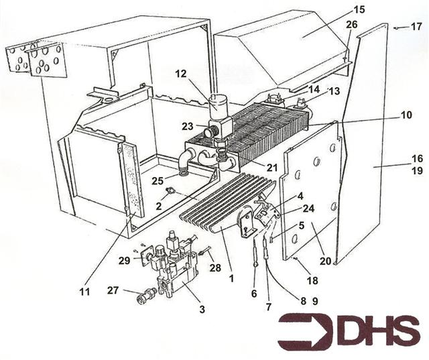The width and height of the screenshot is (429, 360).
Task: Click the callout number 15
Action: point(359,10)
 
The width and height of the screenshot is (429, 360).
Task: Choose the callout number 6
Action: point(253,293)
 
